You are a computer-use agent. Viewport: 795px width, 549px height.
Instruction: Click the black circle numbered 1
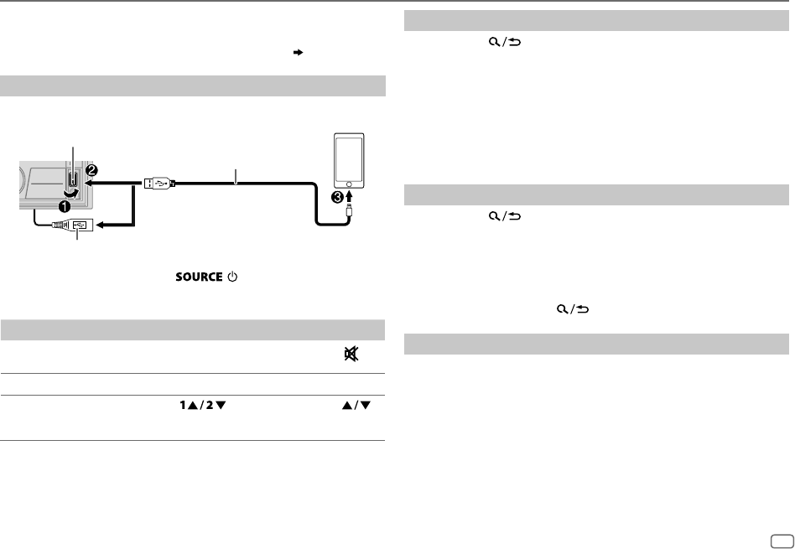[65, 207]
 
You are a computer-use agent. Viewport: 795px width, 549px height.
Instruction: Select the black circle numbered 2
[92, 170]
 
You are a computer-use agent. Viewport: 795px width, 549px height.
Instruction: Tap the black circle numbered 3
[337, 198]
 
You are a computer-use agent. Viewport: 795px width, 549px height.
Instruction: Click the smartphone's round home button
[349, 184]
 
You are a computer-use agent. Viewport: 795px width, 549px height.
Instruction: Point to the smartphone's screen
[349, 158]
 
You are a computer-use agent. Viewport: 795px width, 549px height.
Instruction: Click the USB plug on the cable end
[159, 184]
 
